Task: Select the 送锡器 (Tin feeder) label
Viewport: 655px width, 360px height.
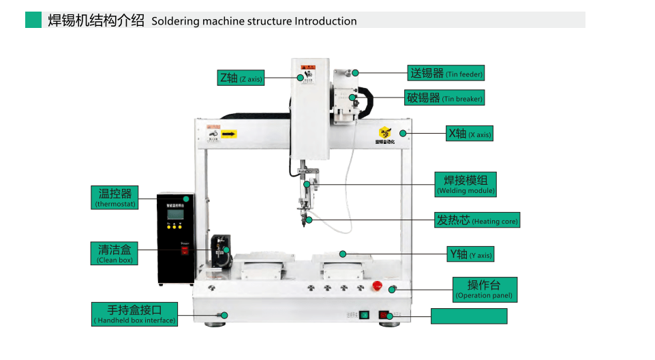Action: coord(446,73)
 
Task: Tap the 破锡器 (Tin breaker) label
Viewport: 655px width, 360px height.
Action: coord(444,97)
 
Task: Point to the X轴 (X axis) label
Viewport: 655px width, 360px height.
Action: coord(469,134)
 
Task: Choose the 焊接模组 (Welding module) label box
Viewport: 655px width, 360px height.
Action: coord(466,184)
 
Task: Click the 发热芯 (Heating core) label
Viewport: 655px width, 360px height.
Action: coord(477,220)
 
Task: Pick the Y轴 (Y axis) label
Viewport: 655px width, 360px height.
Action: coord(470,254)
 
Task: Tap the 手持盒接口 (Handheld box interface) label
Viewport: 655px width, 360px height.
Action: coord(135,314)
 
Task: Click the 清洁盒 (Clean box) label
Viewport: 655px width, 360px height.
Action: coord(115,254)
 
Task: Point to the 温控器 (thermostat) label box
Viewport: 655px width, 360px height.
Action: coord(115,198)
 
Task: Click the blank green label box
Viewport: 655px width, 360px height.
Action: coord(470,316)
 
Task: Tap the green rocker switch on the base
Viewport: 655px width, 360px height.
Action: coord(364,315)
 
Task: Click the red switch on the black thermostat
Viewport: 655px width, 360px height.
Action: coord(183,250)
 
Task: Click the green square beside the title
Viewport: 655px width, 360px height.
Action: coord(33,20)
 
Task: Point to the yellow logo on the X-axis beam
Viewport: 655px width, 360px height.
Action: coord(385,132)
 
